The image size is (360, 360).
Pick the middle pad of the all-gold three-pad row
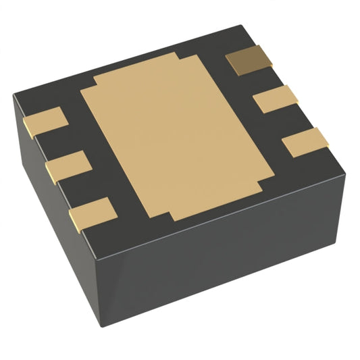[x=68, y=165]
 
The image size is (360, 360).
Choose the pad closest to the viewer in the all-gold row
[x=90, y=212]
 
